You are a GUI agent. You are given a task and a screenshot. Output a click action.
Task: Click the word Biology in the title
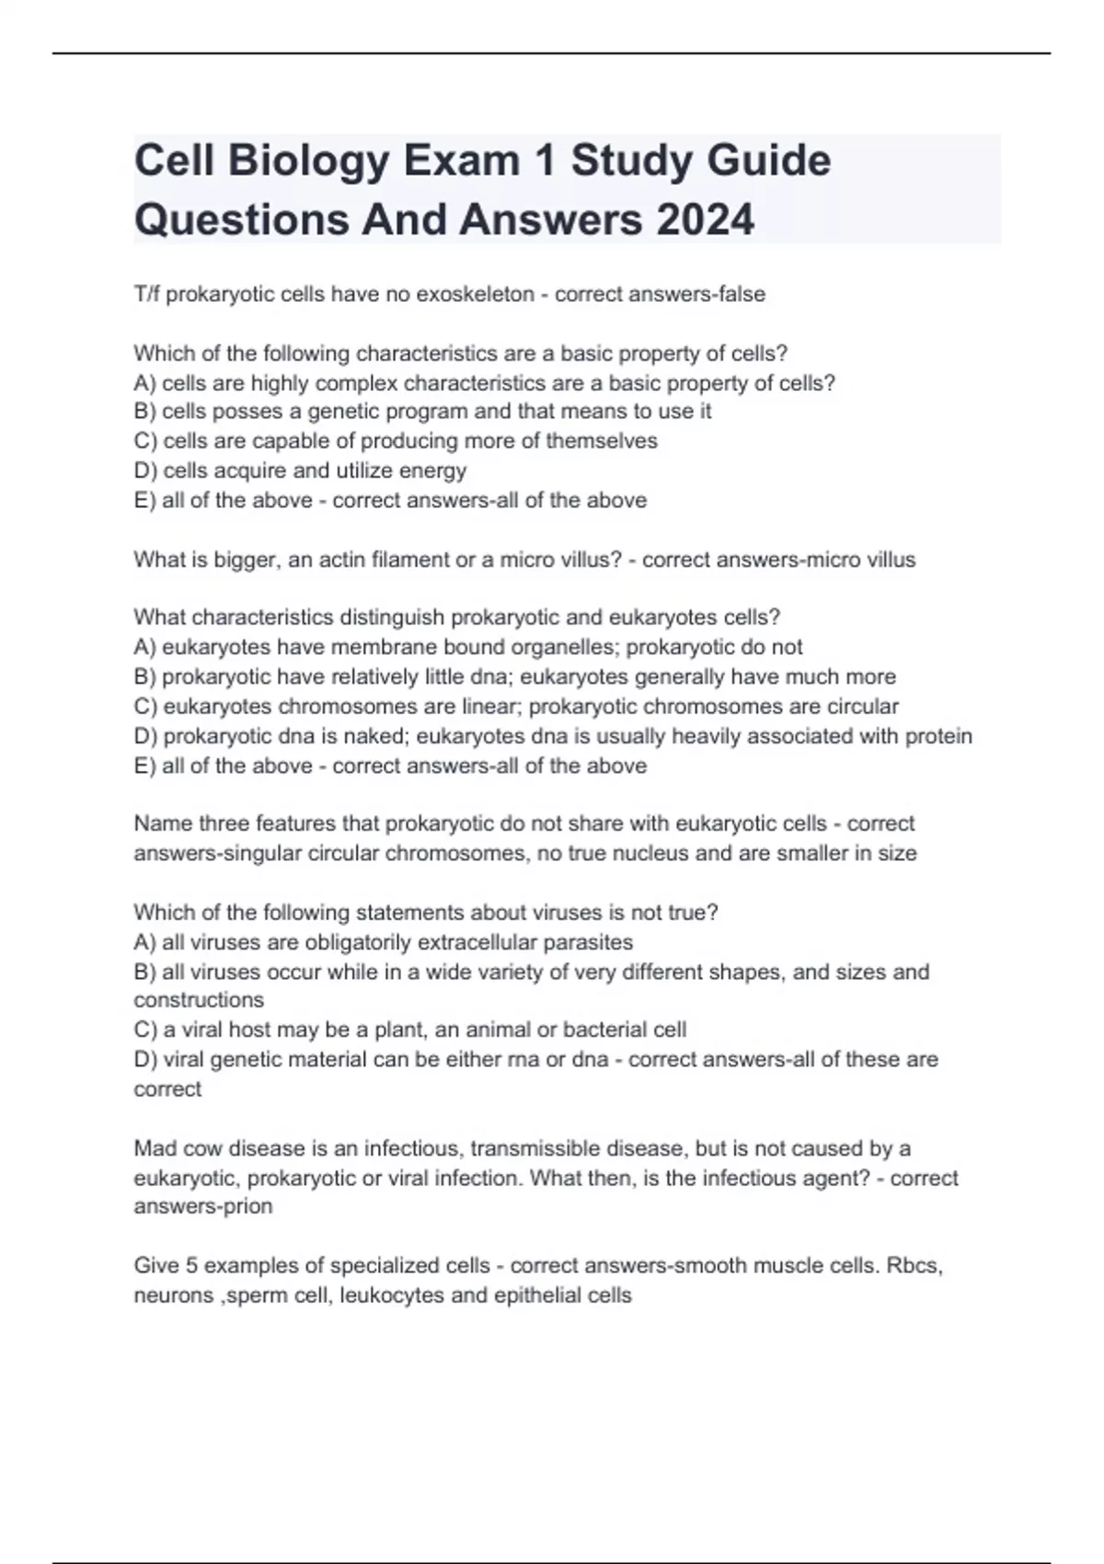[308, 161]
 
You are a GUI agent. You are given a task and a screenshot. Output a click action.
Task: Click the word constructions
[199, 1000]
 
